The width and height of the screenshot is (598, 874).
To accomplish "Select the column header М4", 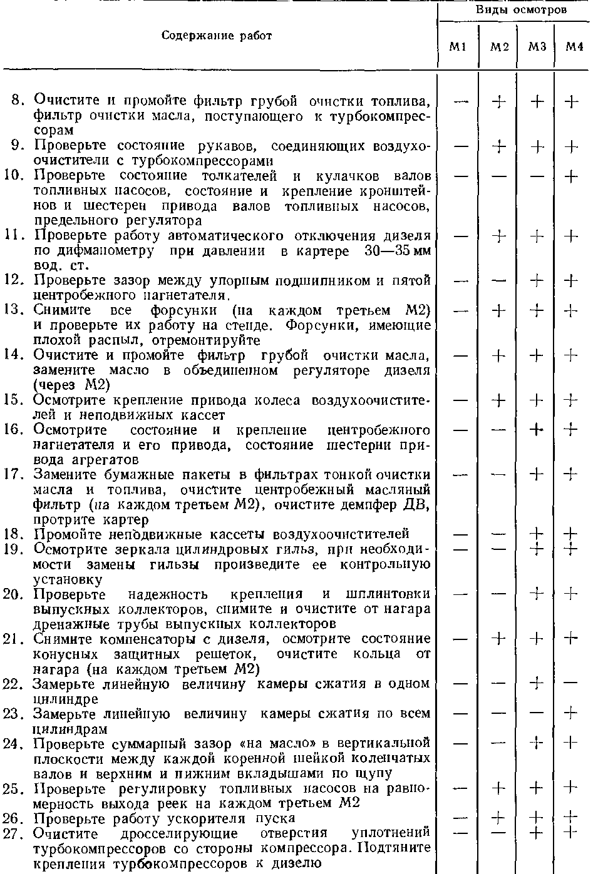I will (x=574, y=47).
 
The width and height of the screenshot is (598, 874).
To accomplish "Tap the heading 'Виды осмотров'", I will (x=521, y=9).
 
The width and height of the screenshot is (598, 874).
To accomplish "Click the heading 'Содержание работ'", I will (x=217, y=36).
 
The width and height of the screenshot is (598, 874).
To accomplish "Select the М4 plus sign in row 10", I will (x=571, y=176).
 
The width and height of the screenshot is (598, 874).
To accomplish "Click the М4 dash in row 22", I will (x=571, y=683).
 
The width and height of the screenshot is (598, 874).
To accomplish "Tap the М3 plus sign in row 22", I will (x=535, y=683).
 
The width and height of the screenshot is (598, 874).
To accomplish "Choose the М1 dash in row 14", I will (x=461, y=355).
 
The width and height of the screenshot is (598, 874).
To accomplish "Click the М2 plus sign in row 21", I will (x=499, y=638).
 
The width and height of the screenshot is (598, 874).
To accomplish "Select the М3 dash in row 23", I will (x=535, y=713).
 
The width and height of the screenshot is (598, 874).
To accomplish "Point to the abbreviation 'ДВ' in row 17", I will (x=417, y=505).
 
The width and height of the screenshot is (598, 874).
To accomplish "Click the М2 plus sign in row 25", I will (x=499, y=788).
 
